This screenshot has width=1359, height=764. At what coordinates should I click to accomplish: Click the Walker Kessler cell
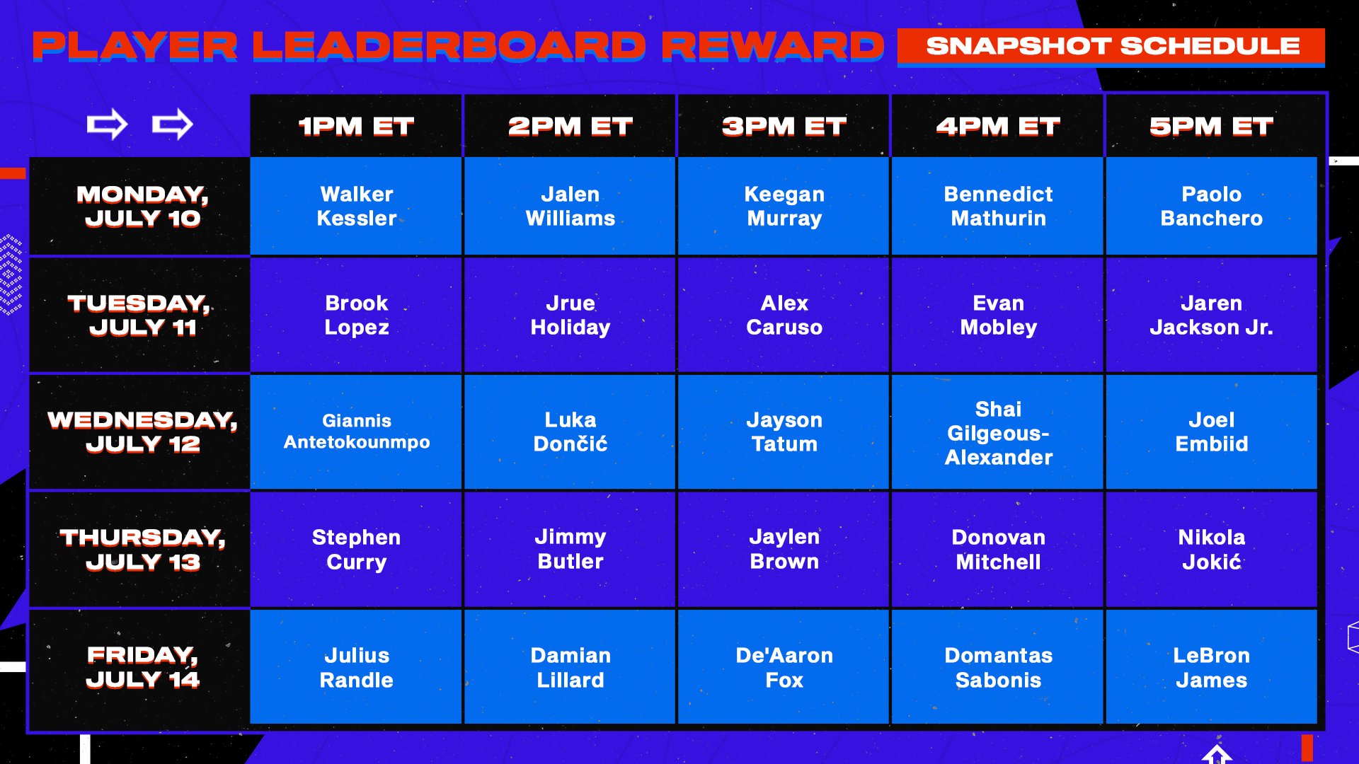click(356, 206)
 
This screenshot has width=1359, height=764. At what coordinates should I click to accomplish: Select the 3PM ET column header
click(784, 126)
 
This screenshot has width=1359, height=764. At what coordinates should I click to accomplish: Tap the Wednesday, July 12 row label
click(142, 432)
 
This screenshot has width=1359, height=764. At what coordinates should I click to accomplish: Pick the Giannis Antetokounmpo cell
click(356, 432)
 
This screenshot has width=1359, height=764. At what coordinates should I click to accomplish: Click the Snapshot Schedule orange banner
click(1111, 46)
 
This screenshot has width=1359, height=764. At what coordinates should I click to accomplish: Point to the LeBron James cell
click(1211, 667)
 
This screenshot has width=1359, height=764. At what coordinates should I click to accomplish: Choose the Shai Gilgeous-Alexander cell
click(997, 433)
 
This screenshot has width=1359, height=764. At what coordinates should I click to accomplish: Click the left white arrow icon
click(107, 125)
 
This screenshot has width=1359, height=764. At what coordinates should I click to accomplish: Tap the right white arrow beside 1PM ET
click(173, 125)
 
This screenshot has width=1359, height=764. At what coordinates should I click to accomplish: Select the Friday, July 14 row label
click(142, 667)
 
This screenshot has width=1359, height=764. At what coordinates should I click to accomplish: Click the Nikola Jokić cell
click(1211, 550)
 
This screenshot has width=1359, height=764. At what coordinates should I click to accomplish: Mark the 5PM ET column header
click(1211, 126)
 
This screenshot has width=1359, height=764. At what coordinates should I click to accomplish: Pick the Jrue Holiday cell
click(570, 316)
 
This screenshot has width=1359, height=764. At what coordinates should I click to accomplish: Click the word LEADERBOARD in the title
click(449, 46)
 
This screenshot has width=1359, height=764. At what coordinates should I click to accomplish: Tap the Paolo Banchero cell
click(1211, 206)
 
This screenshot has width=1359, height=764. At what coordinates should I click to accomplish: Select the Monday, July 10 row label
click(142, 206)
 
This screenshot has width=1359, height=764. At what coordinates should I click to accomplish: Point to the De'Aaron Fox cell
click(784, 667)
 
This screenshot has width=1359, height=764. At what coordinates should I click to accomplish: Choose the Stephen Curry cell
click(356, 550)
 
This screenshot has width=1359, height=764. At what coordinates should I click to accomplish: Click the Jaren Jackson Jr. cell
click(1211, 316)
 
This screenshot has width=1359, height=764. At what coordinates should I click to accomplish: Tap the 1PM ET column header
click(356, 126)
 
